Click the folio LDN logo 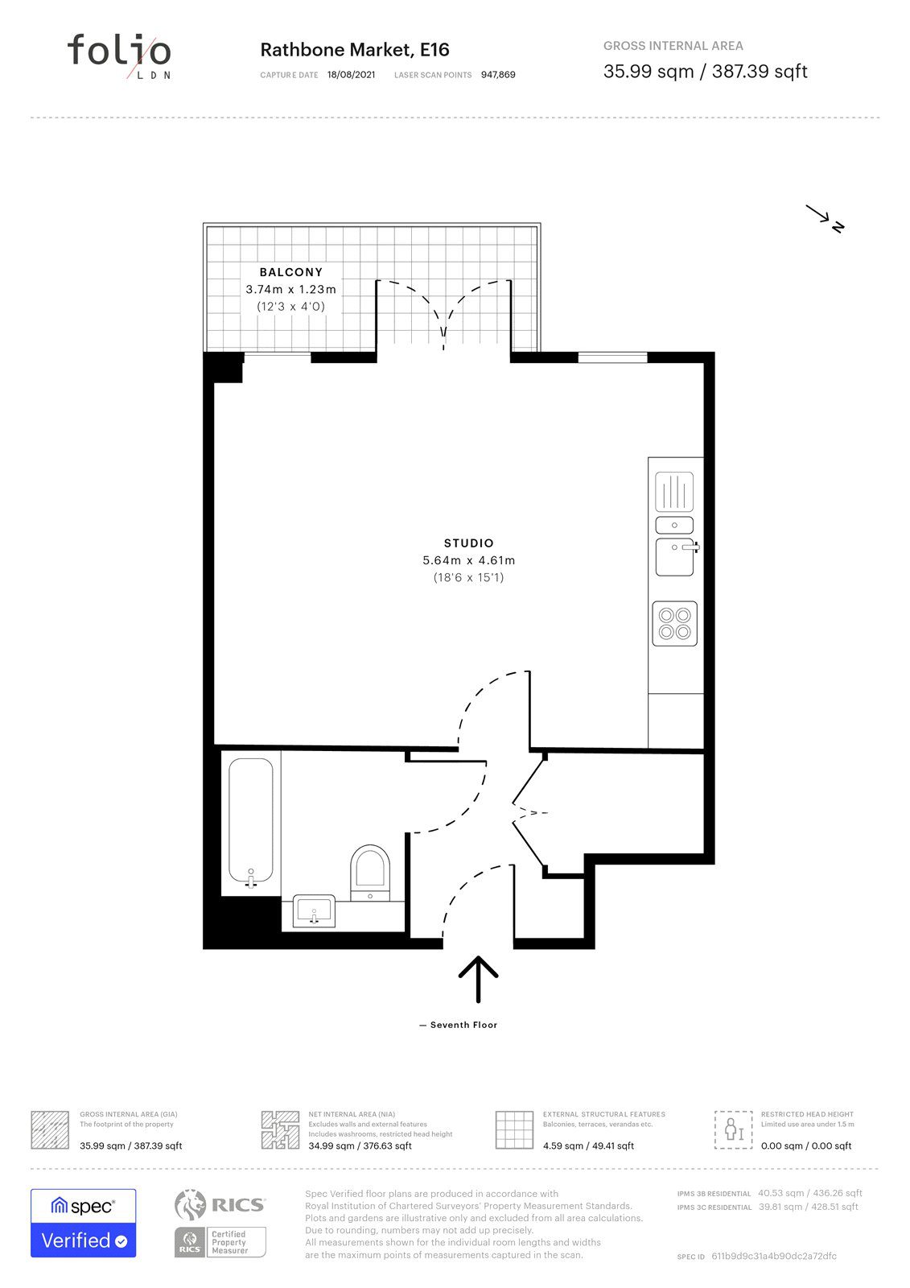(119, 56)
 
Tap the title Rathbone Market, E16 (355, 50)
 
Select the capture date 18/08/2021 (352, 75)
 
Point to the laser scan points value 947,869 (498, 75)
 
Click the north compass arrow (825, 219)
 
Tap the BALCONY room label (291, 272)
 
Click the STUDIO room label (468, 543)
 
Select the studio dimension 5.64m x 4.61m (468, 560)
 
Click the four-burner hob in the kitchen (675, 624)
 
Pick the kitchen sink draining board (674, 492)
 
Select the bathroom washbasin (314, 910)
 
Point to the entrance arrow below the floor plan (478, 980)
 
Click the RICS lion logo (190, 1204)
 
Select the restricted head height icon (734, 1130)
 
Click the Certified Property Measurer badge (220, 1242)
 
